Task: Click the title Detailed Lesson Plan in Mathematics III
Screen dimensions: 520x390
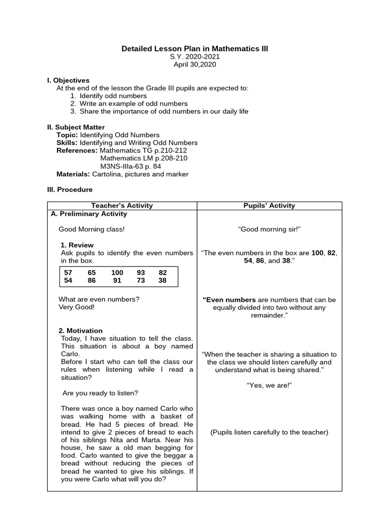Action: tap(194, 49)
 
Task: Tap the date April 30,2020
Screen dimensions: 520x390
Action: tap(194, 65)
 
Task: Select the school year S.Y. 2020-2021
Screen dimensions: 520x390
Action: tap(194, 57)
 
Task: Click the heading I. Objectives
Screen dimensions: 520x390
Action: tap(68, 80)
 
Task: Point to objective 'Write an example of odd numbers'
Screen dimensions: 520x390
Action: tap(134, 104)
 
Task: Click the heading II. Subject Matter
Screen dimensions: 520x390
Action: tap(76, 127)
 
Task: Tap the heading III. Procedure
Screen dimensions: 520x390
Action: tap(70, 189)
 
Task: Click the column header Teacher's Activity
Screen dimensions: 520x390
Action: tap(122, 206)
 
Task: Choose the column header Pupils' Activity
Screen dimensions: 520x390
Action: tap(269, 206)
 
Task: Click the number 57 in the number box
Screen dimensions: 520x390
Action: tap(68, 273)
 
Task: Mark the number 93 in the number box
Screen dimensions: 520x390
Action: tap(141, 273)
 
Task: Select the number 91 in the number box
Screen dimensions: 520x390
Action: tap(117, 280)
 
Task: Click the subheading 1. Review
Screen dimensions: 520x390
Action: tap(77, 245)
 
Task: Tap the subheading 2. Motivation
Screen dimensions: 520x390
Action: tap(82, 331)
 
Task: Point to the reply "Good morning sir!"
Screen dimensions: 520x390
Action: tap(269, 230)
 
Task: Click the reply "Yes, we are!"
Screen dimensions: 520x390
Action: tap(269, 385)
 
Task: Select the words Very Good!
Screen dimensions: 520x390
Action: tap(77, 307)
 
